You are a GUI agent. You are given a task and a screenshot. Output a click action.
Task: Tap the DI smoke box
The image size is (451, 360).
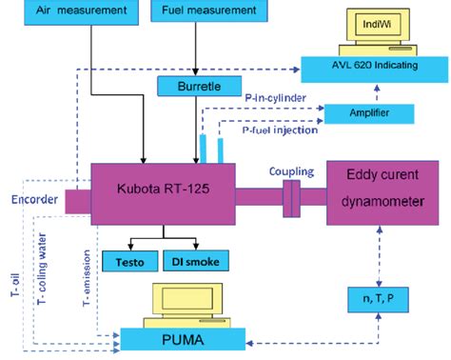click(196, 258)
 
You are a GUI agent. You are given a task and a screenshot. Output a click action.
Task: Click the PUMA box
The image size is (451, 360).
click(182, 336)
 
